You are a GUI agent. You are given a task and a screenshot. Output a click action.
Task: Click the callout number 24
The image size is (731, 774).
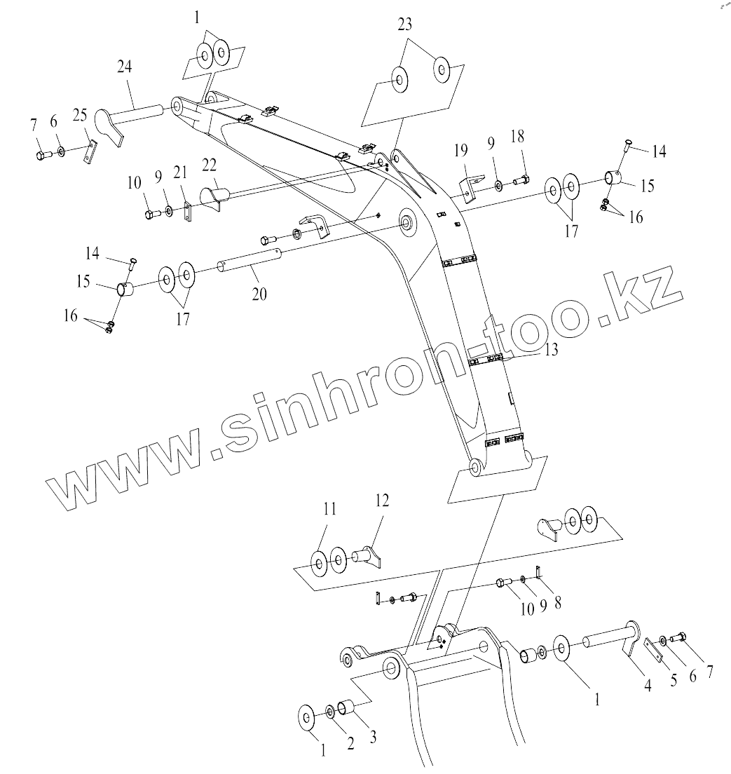tap(124, 68)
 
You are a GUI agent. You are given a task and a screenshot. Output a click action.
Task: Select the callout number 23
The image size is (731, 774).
tap(404, 25)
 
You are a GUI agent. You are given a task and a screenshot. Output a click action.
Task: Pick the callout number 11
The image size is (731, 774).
tap(329, 510)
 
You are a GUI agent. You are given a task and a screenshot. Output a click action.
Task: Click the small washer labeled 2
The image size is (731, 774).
tap(330, 714)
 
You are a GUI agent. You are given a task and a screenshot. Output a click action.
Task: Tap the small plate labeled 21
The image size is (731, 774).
tap(188, 213)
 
